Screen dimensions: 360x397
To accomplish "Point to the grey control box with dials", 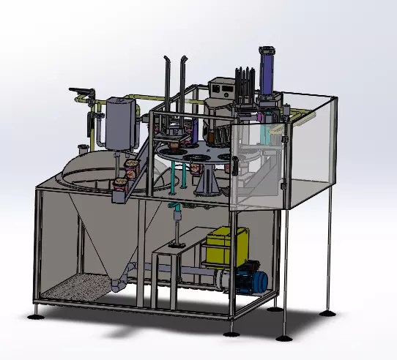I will pyautogui.click(x=220, y=89).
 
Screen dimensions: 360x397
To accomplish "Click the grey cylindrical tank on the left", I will pyautogui.click(x=120, y=124).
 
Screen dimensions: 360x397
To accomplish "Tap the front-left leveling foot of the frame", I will pyautogui.click(x=36, y=315).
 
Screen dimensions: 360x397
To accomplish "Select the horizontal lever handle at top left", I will pyautogui.click(x=81, y=91).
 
